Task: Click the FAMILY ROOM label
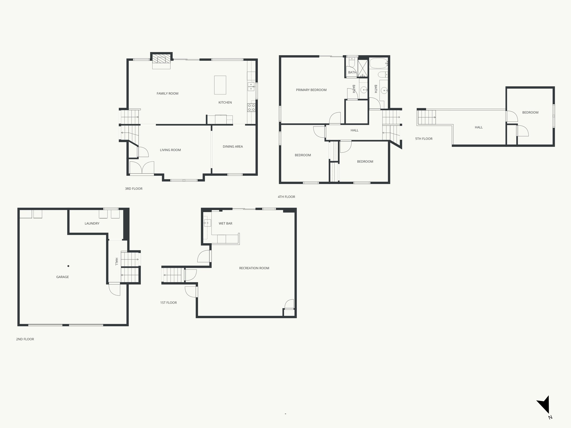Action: point(167,94)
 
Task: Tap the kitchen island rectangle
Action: point(220,85)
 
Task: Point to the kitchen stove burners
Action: point(251,108)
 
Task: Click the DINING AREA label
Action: point(233,147)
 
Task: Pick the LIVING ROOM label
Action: point(170,150)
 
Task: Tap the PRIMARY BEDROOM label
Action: point(311,90)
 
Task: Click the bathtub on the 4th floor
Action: point(378,64)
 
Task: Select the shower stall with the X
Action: point(363,68)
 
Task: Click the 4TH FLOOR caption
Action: point(286,197)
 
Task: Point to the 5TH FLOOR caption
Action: point(424,139)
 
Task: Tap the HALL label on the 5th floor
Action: point(478,127)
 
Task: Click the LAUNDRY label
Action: point(92,223)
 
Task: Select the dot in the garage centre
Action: point(68,266)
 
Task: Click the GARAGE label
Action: point(62,277)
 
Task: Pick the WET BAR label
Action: point(225,223)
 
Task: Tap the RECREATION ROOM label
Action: point(254,268)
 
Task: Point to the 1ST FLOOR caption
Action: point(168,303)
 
